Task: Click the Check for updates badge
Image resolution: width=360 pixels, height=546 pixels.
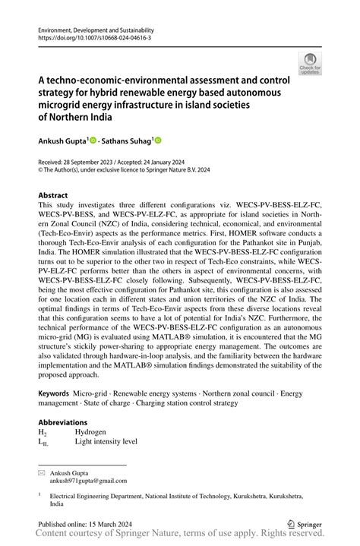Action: pos(309,64)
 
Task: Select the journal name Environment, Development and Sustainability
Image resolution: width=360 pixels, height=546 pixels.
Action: pos(91,28)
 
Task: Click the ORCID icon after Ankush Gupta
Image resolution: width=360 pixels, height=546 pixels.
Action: pos(93,141)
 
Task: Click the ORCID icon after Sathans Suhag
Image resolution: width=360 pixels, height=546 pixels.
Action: pos(159,141)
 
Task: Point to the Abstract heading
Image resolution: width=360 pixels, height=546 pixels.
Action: pos(52,195)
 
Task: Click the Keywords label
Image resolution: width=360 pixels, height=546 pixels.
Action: pos(53,395)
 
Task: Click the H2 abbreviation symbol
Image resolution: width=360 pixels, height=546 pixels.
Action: pos(43,431)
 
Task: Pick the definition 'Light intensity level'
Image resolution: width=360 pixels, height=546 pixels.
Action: pos(106,440)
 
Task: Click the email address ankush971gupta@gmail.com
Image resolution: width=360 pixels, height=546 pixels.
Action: pos(89,480)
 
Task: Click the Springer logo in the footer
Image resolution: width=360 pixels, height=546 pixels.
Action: pos(303,523)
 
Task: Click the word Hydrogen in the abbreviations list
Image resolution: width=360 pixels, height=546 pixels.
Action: pos(91,431)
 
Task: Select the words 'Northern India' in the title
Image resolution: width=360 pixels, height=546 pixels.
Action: pos(76,118)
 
